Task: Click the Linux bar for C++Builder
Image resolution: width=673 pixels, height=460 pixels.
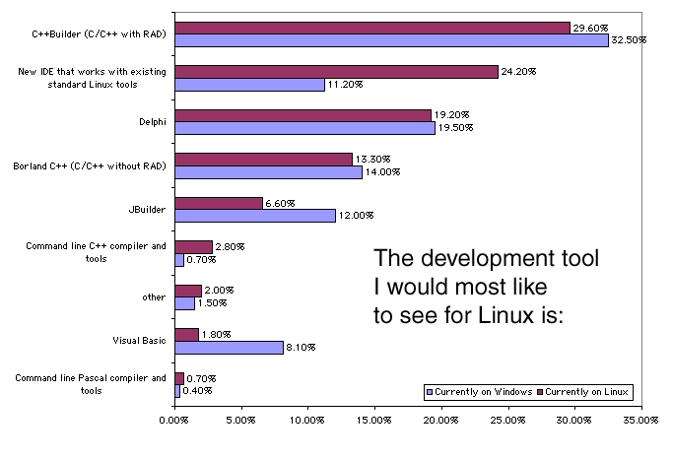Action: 371,28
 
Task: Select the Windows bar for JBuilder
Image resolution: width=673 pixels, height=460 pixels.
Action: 254,216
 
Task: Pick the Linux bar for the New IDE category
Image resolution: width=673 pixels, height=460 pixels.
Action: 336,71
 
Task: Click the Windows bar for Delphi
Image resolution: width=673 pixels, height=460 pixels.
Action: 303,128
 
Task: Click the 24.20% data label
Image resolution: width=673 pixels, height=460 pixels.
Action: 518,71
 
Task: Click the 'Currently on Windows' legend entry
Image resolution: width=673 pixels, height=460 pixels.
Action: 479,391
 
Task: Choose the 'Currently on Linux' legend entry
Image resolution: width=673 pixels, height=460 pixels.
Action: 588,391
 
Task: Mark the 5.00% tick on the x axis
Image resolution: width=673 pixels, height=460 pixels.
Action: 240,421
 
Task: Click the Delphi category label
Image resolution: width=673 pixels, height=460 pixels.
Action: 153,121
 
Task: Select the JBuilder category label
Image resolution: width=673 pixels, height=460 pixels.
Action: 149,209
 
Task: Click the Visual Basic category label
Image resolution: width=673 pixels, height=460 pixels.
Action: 140,340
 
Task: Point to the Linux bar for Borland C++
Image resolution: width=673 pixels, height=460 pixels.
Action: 263,159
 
